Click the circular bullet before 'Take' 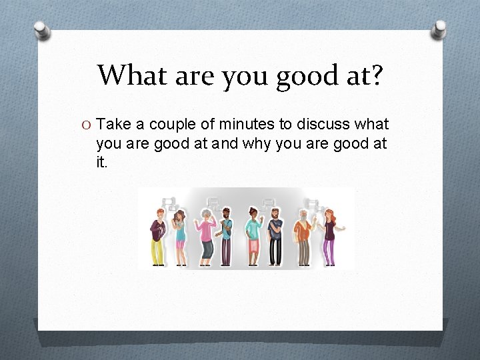(87, 125)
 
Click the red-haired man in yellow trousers (157, 237)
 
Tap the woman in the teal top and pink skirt (254, 237)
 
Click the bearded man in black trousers (275, 238)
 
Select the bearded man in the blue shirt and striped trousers (226, 238)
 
